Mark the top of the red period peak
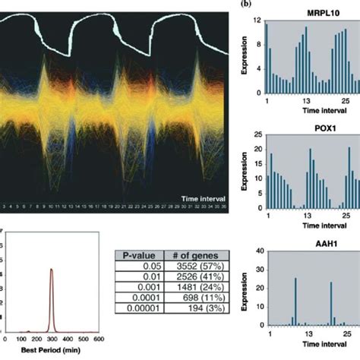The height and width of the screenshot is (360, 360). coord(52,269)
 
